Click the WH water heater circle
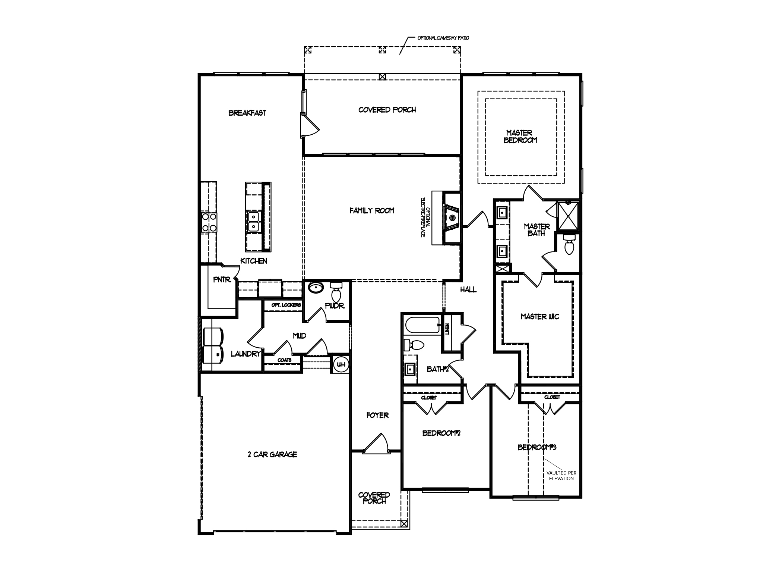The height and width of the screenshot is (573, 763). click(x=341, y=364)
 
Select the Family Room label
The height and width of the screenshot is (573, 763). click(x=371, y=211)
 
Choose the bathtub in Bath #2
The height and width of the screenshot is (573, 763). click(x=422, y=325)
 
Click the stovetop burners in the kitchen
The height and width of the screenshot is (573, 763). click(x=209, y=222)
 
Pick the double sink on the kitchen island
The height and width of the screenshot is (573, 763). click(x=254, y=221)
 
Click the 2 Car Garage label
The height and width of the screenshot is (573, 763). click(x=272, y=455)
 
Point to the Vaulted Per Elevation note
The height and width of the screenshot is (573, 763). click(x=561, y=476)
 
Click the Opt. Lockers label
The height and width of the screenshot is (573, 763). click(x=286, y=305)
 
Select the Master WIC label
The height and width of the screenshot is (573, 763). click(x=539, y=317)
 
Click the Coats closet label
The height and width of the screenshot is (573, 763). click(x=284, y=360)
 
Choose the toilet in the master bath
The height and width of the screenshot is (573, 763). click(x=568, y=245)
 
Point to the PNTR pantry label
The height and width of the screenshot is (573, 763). click(x=222, y=279)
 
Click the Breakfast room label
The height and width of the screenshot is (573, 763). click(x=247, y=113)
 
